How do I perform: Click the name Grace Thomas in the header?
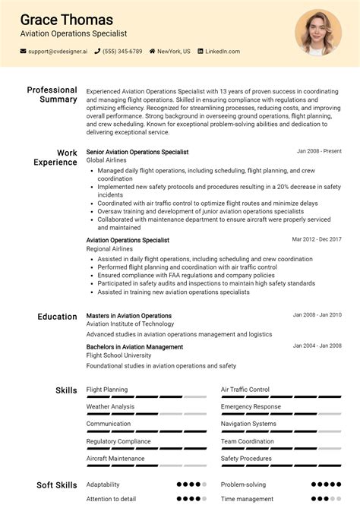point(66,20)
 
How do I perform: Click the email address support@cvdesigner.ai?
point(58,52)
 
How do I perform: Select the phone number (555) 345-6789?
point(122,52)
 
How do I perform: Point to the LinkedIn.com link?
point(223,52)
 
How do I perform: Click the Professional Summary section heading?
point(52,95)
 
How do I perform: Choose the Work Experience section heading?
point(55,157)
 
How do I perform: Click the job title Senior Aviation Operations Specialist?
point(137,152)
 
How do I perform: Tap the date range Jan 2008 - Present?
point(319,151)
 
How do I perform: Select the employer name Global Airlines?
point(106,161)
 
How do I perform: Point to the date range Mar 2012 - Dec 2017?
point(317,239)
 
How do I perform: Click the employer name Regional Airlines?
point(109,249)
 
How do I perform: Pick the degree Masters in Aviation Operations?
point(129,315)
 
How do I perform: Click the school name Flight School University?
point(118,355)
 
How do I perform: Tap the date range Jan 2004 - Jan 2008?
point(317,346)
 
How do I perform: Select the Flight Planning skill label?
point(107,390)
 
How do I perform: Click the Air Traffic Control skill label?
point(245,390)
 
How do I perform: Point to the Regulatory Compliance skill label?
point(118,441)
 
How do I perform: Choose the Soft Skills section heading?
point(57,484)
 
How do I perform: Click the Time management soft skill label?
point(247,499)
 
